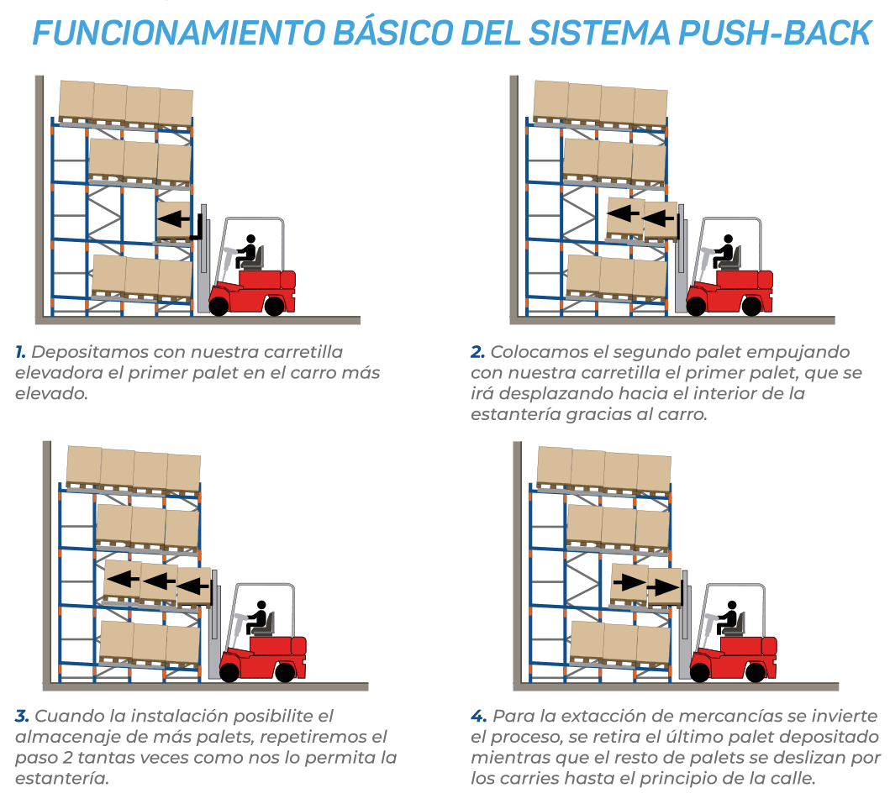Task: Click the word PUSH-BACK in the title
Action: click(775, 33)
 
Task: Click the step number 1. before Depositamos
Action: click(20, 352)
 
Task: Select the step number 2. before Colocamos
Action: click(477, 352)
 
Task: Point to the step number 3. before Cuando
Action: click(22, 716)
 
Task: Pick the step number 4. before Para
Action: click(478, 716)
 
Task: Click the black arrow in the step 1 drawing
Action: click(174, 218)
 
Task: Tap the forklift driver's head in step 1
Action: click(250, 239)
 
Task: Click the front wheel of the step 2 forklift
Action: click(696, 307)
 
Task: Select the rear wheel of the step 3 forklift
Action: click(284, 672)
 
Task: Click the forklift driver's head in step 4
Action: click(732, 606)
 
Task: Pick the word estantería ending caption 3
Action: click(62, 778)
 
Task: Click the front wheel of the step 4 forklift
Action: click(699, 672)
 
